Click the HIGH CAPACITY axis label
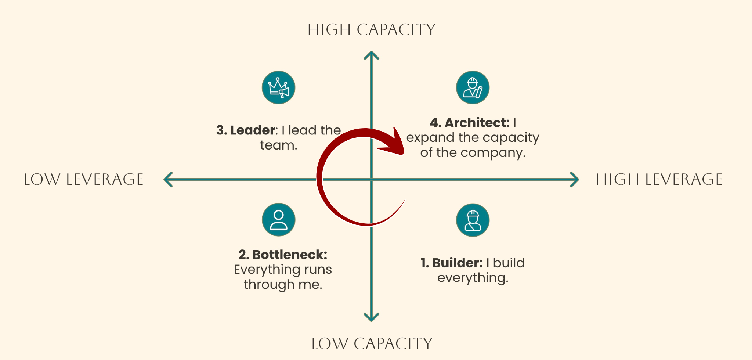371,30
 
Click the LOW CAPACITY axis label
372,344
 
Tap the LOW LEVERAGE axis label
83,180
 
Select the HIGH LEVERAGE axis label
659,180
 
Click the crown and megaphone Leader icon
279,87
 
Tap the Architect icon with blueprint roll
473,87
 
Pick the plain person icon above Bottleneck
279,220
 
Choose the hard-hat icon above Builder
473,220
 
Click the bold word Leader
253,130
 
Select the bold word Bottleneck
289,255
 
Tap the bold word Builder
457,263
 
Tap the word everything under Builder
473,278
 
